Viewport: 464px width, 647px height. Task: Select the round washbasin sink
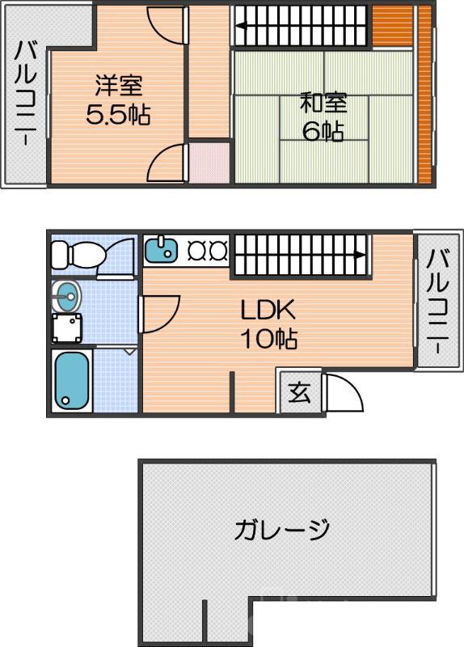(x=68, y=296)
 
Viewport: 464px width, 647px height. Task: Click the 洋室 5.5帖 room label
(x=118, y=99)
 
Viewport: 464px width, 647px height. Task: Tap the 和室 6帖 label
(x=323, y=116)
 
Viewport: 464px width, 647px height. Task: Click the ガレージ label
(x=282, y=531)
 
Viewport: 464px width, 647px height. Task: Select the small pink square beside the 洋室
(x=209, y=162)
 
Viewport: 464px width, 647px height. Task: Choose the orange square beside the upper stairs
(x=393, y=26)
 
